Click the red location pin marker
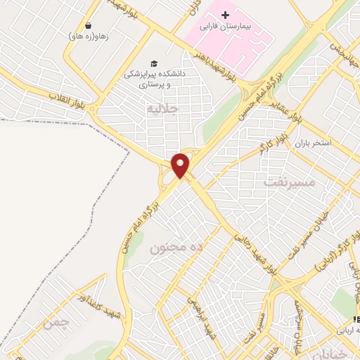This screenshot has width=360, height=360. [181, 165]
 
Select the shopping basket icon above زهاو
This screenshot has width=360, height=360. [88, 25]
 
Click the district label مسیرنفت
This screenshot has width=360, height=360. [291, 182]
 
